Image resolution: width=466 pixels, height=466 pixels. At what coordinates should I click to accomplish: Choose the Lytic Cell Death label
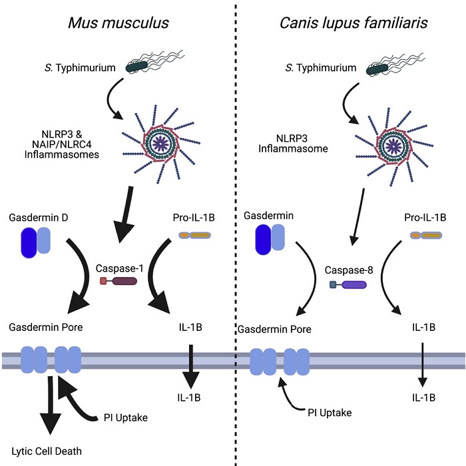point(45,451)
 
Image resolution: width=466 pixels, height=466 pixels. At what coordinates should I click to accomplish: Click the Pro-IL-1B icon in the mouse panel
point(196,235)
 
